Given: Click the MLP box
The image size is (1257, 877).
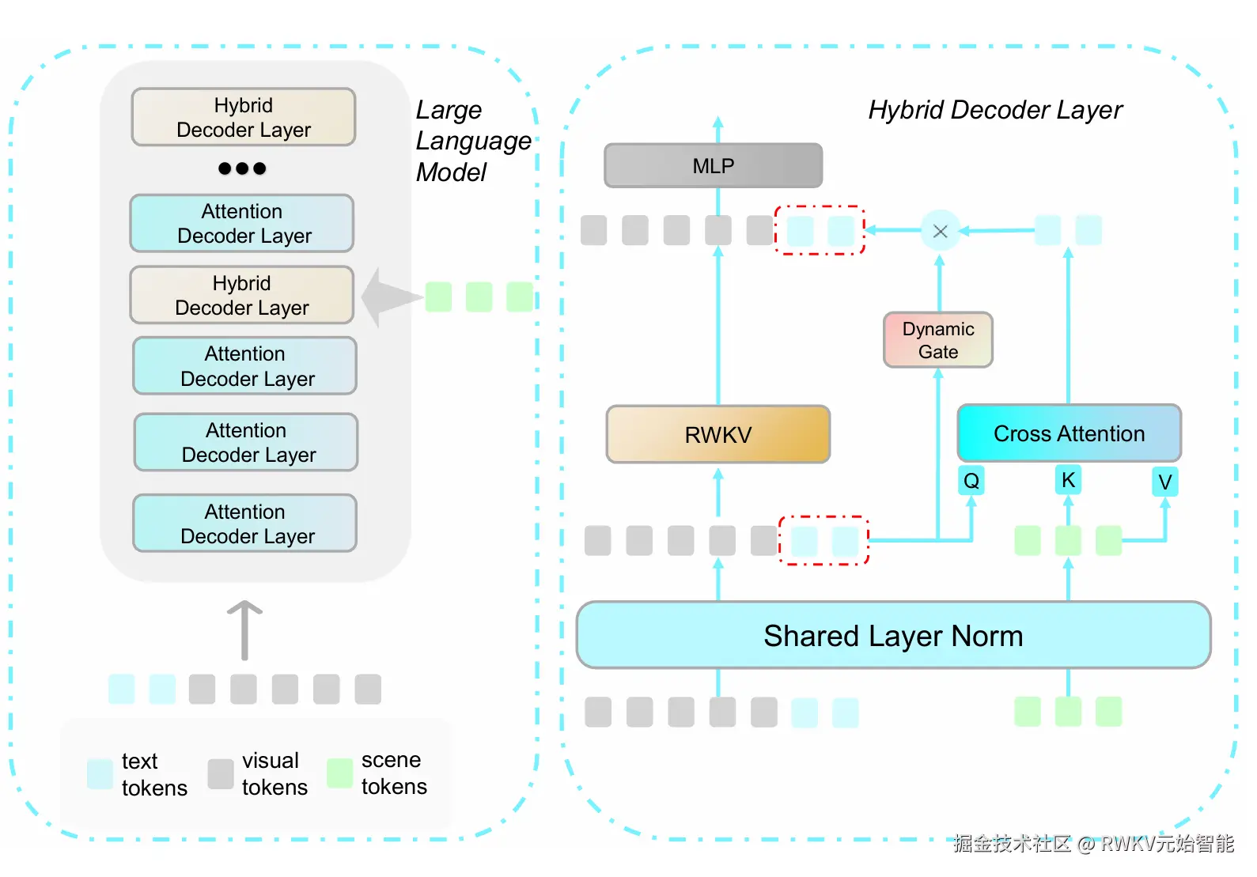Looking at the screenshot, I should click(x=713, y=166).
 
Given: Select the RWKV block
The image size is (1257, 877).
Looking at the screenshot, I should click(x=717, y=434).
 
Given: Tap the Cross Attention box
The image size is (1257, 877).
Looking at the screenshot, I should click(x=1069, y=433).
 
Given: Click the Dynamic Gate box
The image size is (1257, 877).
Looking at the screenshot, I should click(x=938, y=340).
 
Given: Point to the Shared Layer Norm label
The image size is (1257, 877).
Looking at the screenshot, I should click(x=893, y=636).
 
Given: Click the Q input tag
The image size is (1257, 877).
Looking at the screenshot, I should click(x=971, y=480).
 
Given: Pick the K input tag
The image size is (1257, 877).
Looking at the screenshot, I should click(x=1068, y=480).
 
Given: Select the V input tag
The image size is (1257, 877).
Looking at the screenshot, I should click(x=1164, y=482).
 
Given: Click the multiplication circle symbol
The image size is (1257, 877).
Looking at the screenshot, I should click(x=940, y=231).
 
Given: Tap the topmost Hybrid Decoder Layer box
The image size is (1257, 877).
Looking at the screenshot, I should click(x=244, y=117).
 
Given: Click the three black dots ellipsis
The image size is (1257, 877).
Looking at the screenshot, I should click(x=242, y=168).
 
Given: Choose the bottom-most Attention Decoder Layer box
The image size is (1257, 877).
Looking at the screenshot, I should click(x=245, y=524).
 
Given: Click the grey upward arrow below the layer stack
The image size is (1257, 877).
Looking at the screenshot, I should click(x=244, y=629).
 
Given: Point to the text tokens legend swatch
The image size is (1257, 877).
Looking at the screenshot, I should click(x=100, y=773).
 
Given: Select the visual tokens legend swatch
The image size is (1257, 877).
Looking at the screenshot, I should click(x=221, y=773).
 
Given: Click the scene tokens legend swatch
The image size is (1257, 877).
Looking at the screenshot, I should click(x=340, y=773).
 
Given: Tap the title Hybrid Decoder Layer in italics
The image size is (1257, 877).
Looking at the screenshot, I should click(x=994, y=110).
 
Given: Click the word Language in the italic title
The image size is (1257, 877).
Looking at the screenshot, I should click(x=473, y=141).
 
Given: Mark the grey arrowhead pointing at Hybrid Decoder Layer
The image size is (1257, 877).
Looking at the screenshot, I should click(x=388, y=297).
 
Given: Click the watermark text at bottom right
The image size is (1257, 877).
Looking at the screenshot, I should click(x=1092, y=844).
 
